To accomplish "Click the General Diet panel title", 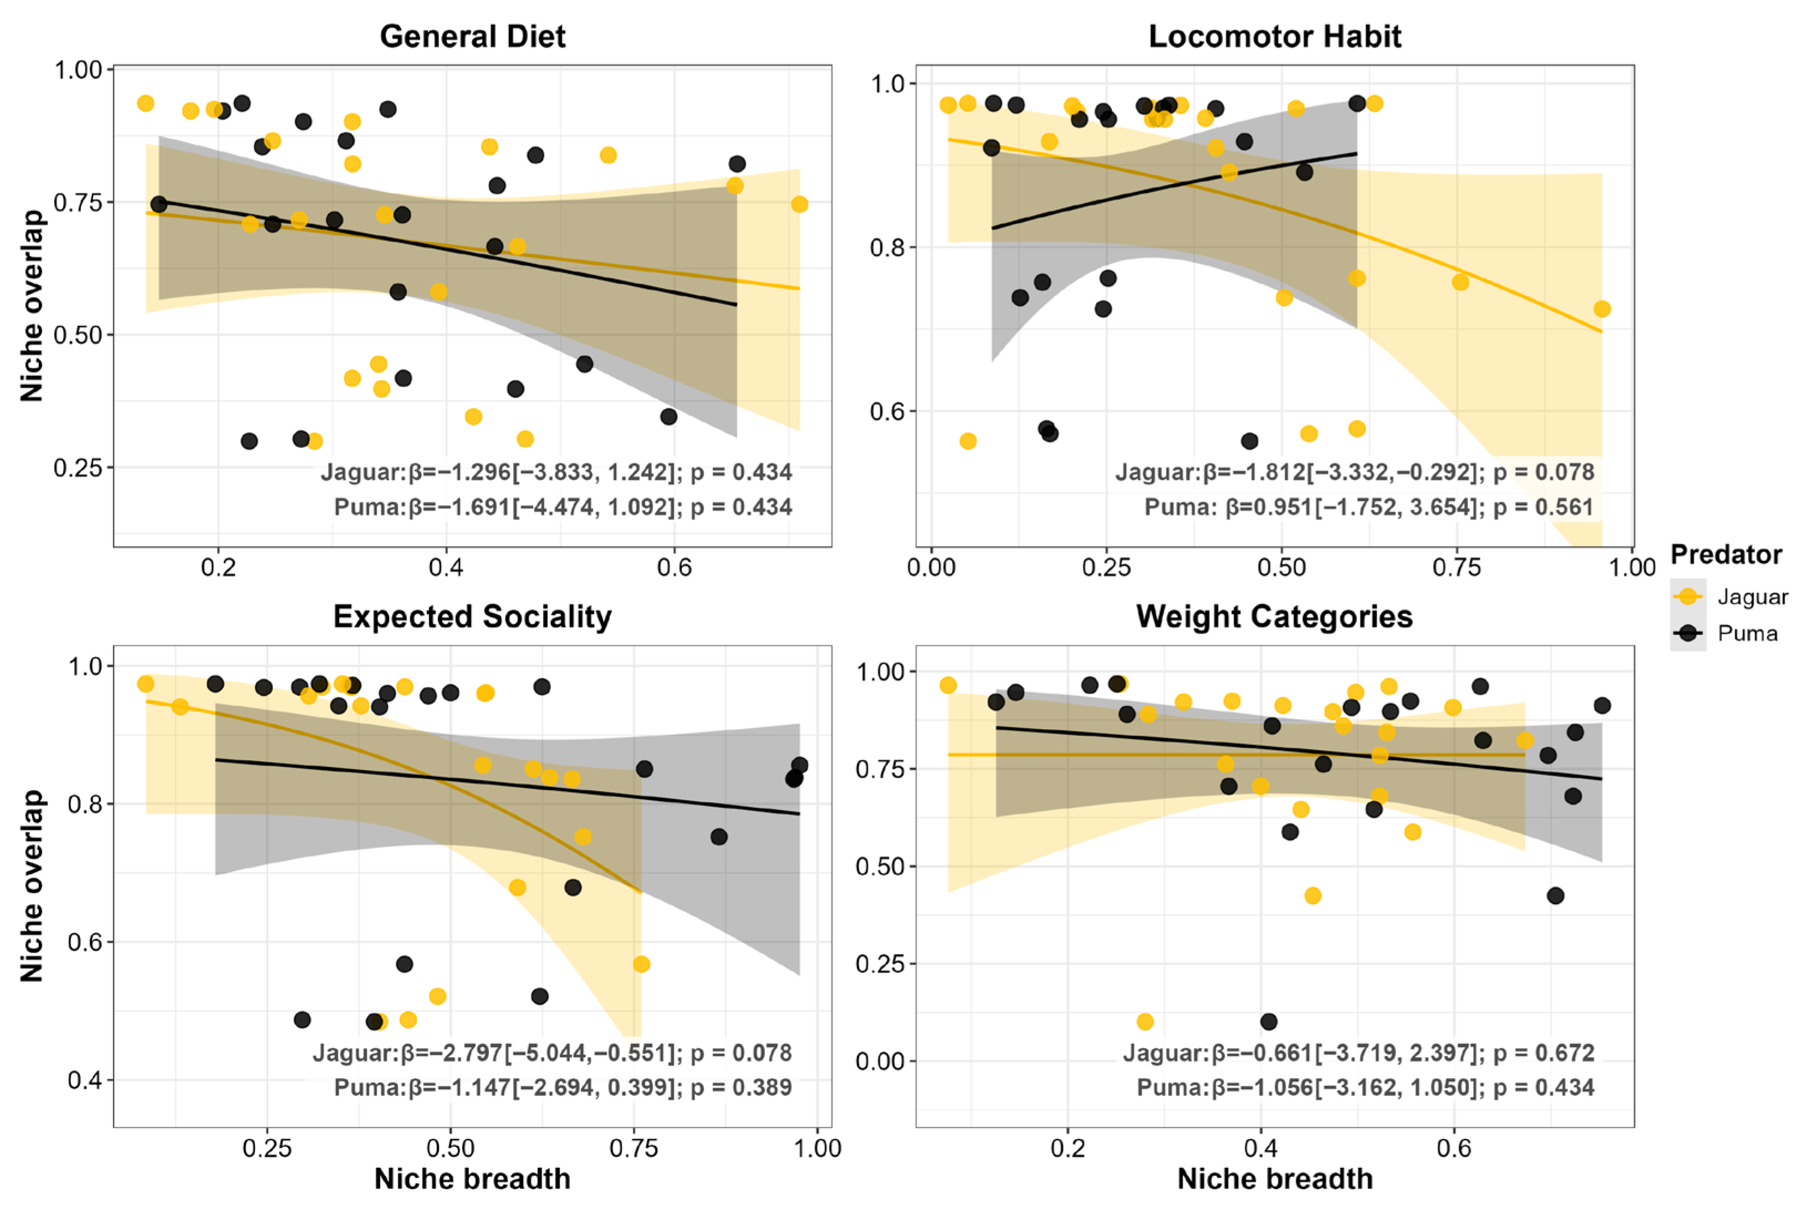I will (x=472, y=36).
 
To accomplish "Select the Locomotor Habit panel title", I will (x=1274, y=36).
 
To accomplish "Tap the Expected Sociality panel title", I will (x=472, y=616).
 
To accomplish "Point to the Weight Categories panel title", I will (x=1274, y=616).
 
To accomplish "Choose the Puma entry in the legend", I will (x=1747, y=633).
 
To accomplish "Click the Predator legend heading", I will (x=1726, y=554).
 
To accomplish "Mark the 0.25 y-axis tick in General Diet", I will (x=78, y=467).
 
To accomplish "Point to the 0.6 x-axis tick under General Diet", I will (x=674, y=568).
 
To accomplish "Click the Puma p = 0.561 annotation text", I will (x=1543, y=507).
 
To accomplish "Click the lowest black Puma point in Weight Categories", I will (x=1269, y=1021).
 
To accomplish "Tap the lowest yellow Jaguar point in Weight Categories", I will (x=1144, y=1021).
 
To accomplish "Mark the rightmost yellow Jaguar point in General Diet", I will (x=799, y=204).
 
